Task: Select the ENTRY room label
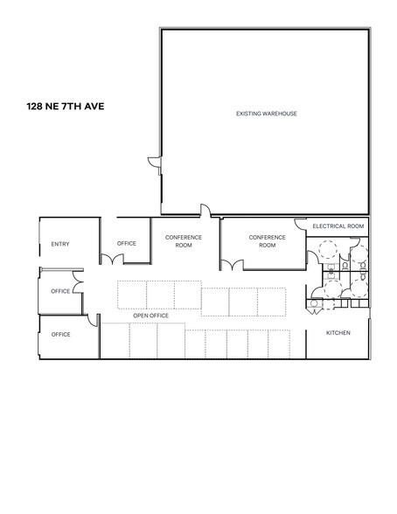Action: coord(60,244)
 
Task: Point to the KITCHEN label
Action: coord(338,333)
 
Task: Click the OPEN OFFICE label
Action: coord(150,316)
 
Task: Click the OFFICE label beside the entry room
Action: coord(127,243)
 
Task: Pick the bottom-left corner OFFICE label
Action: coord(60,334)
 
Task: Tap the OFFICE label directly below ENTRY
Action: coord(60,290)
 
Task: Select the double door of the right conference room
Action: coord(231,263)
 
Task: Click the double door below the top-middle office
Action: coord(111,258)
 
